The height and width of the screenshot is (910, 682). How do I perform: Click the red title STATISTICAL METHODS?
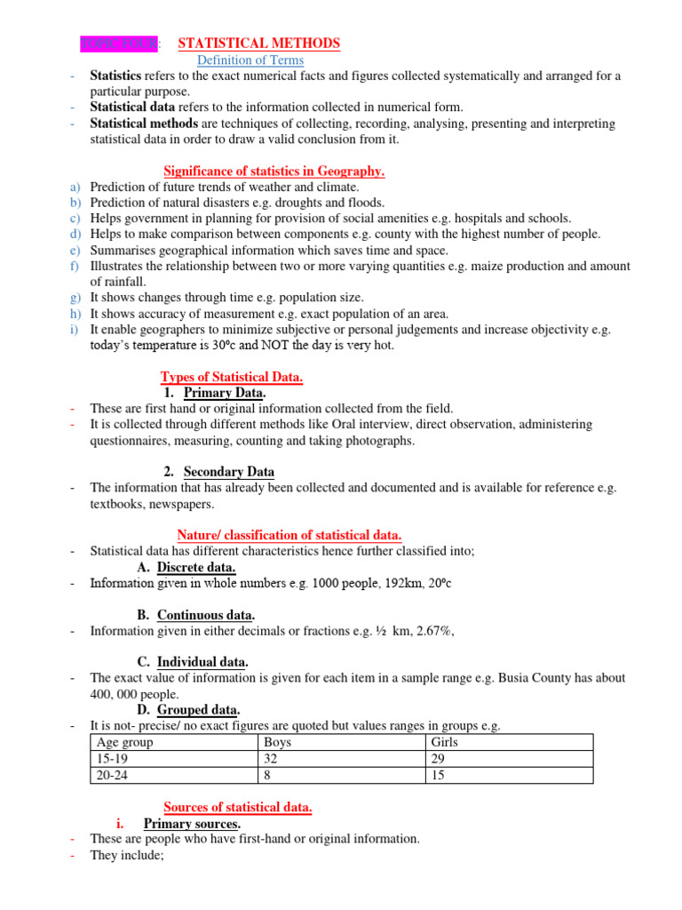[259, 43]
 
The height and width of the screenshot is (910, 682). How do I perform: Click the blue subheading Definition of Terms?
[250, 60]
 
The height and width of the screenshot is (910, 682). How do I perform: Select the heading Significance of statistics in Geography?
[274, 171]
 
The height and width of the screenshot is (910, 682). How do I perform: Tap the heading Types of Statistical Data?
[231, 377]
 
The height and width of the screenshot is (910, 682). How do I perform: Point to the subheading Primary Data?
[225, 393]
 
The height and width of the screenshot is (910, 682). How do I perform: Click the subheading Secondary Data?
[229, 472]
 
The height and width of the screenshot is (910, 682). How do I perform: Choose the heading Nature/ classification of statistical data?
[289, 535]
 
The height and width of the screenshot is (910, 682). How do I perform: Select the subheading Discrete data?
[196, 567]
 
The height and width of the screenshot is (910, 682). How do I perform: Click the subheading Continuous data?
[206, 615]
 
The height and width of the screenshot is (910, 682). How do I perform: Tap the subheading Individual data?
[202, 662]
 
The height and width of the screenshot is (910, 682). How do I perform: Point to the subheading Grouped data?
[199, 709]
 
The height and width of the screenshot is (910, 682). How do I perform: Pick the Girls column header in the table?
[444, 742]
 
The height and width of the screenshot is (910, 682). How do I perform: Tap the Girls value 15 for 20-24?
[437, 775]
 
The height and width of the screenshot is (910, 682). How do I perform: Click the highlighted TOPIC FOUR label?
[119, 43]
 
